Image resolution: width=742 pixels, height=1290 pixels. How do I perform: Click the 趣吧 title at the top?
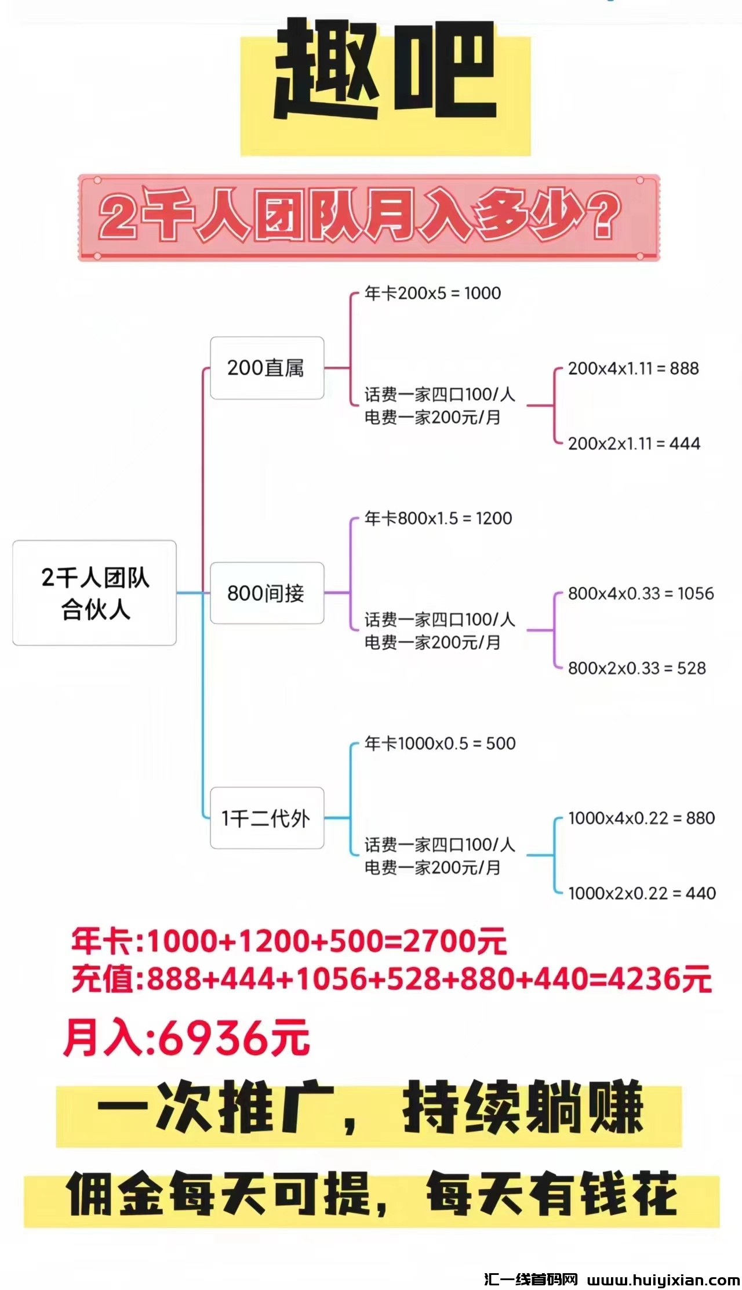pyautogui.click(x=385, y=73)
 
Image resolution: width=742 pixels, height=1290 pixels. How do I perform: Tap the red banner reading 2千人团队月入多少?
pyautogui.click(x=369, y=218)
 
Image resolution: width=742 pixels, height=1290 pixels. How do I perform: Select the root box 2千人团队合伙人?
pyautogui.click(x=94, y=593)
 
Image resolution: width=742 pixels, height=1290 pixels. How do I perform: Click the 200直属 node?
pyautogui.click(x=267, y=368)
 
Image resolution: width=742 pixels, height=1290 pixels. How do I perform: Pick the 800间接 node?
pyautogui.click(x=267, y=593)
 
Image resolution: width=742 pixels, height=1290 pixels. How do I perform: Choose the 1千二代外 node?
pyautogui.click(x=267, y=818)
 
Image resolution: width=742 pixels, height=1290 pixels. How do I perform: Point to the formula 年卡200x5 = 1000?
pyautogui.click(x=432, y=293)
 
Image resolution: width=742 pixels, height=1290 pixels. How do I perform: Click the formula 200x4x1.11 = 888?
pyautogui.click(x=633, y=368)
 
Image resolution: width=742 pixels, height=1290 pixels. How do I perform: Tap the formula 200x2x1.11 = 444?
pyautogui.click(x=634, y=444)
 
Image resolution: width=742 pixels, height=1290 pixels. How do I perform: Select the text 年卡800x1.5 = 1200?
pyautogui.click(x=438, y=519)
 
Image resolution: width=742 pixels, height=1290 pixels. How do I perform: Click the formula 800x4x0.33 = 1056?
pyautogui.click(x=641, y=593)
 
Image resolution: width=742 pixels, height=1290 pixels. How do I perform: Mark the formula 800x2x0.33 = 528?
pyautogui.click(x=636, y=668)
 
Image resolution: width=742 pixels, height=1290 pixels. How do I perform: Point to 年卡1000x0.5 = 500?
pyautogui.click(x=440, y=744)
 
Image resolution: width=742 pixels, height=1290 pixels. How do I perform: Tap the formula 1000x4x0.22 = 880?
pyautogui.click(x=641, y=818)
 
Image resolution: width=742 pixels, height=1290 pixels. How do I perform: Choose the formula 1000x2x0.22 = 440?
pyautogui.click(x=642, y=893)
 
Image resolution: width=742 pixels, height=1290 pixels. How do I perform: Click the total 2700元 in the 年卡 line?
pyautogui.click(x=454, y=941)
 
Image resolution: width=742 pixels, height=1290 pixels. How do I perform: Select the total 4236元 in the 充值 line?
pyautogui.click(x=660, y=980)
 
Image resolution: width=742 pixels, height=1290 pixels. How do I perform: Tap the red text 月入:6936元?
pyautogui.click(x=187, y=1038)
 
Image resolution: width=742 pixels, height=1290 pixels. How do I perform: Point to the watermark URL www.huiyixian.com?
pyautogui.click(x=663, y=1280)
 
